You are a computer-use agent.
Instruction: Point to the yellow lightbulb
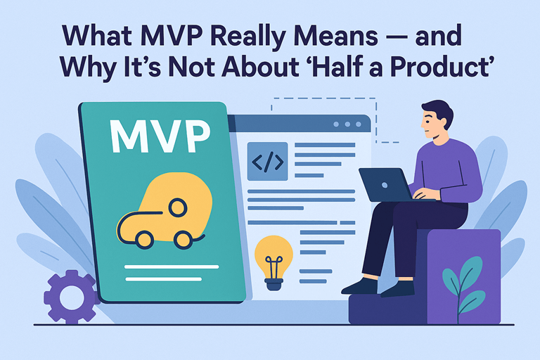pos(273,257)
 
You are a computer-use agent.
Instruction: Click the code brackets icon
pos(268,162)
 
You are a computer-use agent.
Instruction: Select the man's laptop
pos(385,185)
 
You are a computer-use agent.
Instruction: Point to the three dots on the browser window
pos(347,124)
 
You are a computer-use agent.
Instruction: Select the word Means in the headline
pos(353,34)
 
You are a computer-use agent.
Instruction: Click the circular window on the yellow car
pos(178,207)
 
